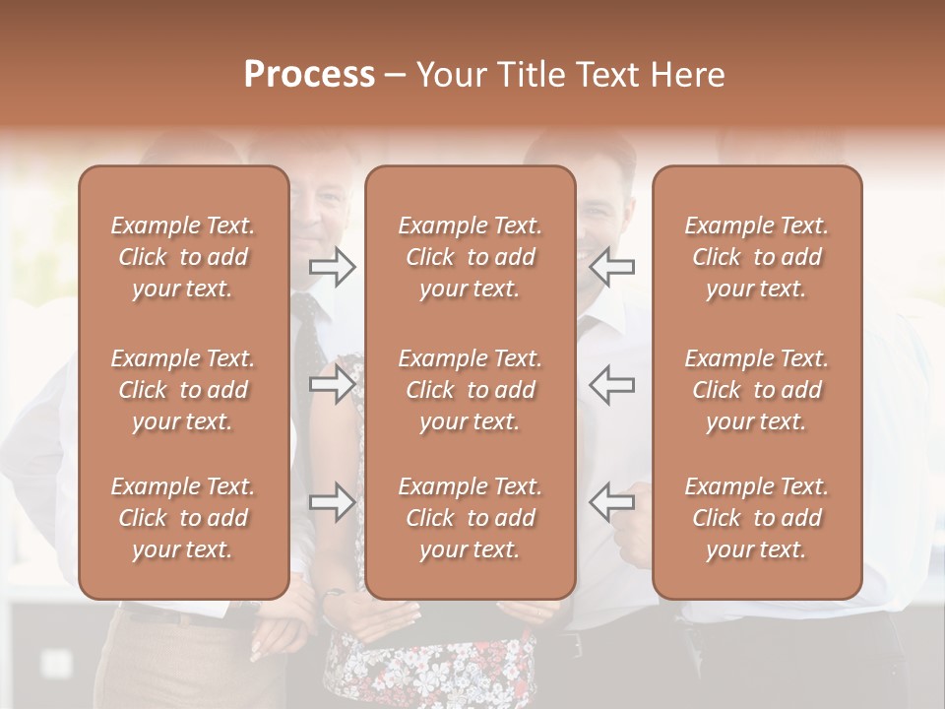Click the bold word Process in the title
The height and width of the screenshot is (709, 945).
click(x=309, y=75)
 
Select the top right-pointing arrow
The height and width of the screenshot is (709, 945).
click(x=333, y=266)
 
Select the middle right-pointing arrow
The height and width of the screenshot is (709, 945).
click(x=333, y=384)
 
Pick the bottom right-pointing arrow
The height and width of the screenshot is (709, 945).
click(x=333, y=502)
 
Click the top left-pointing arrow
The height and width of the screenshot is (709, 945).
click(x=612, y=266)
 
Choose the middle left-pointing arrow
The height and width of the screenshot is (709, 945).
click(x=612, y=384)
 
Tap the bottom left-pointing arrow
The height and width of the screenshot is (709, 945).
click(x=612, y=502)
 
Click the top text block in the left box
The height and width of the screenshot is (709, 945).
click(x=183, y=257)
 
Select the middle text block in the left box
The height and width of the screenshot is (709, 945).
click(x=183, y=390)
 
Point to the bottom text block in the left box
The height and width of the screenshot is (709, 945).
click(x=183, y=518)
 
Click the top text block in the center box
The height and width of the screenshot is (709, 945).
click(x=470, y=257)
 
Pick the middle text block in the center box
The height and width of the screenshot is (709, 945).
click(x=470, y=390)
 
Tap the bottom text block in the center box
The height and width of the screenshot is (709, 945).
click(x=470, y=518)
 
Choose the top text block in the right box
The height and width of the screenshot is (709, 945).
click(x=756, y=257)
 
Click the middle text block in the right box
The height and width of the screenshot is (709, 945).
click(x=756, y=390)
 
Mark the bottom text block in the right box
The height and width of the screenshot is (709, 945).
click(x=756, y=518)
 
